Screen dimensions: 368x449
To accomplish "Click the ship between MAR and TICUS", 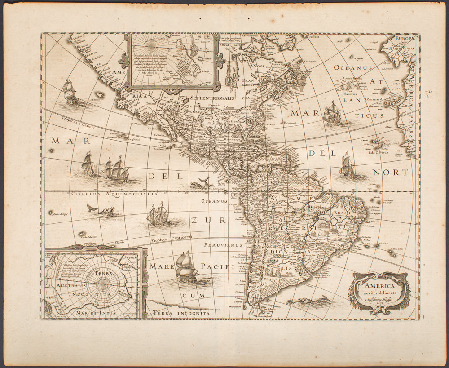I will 333,113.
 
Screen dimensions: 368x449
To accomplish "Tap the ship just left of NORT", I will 347,165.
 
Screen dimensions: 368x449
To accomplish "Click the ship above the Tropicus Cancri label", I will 70,93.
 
